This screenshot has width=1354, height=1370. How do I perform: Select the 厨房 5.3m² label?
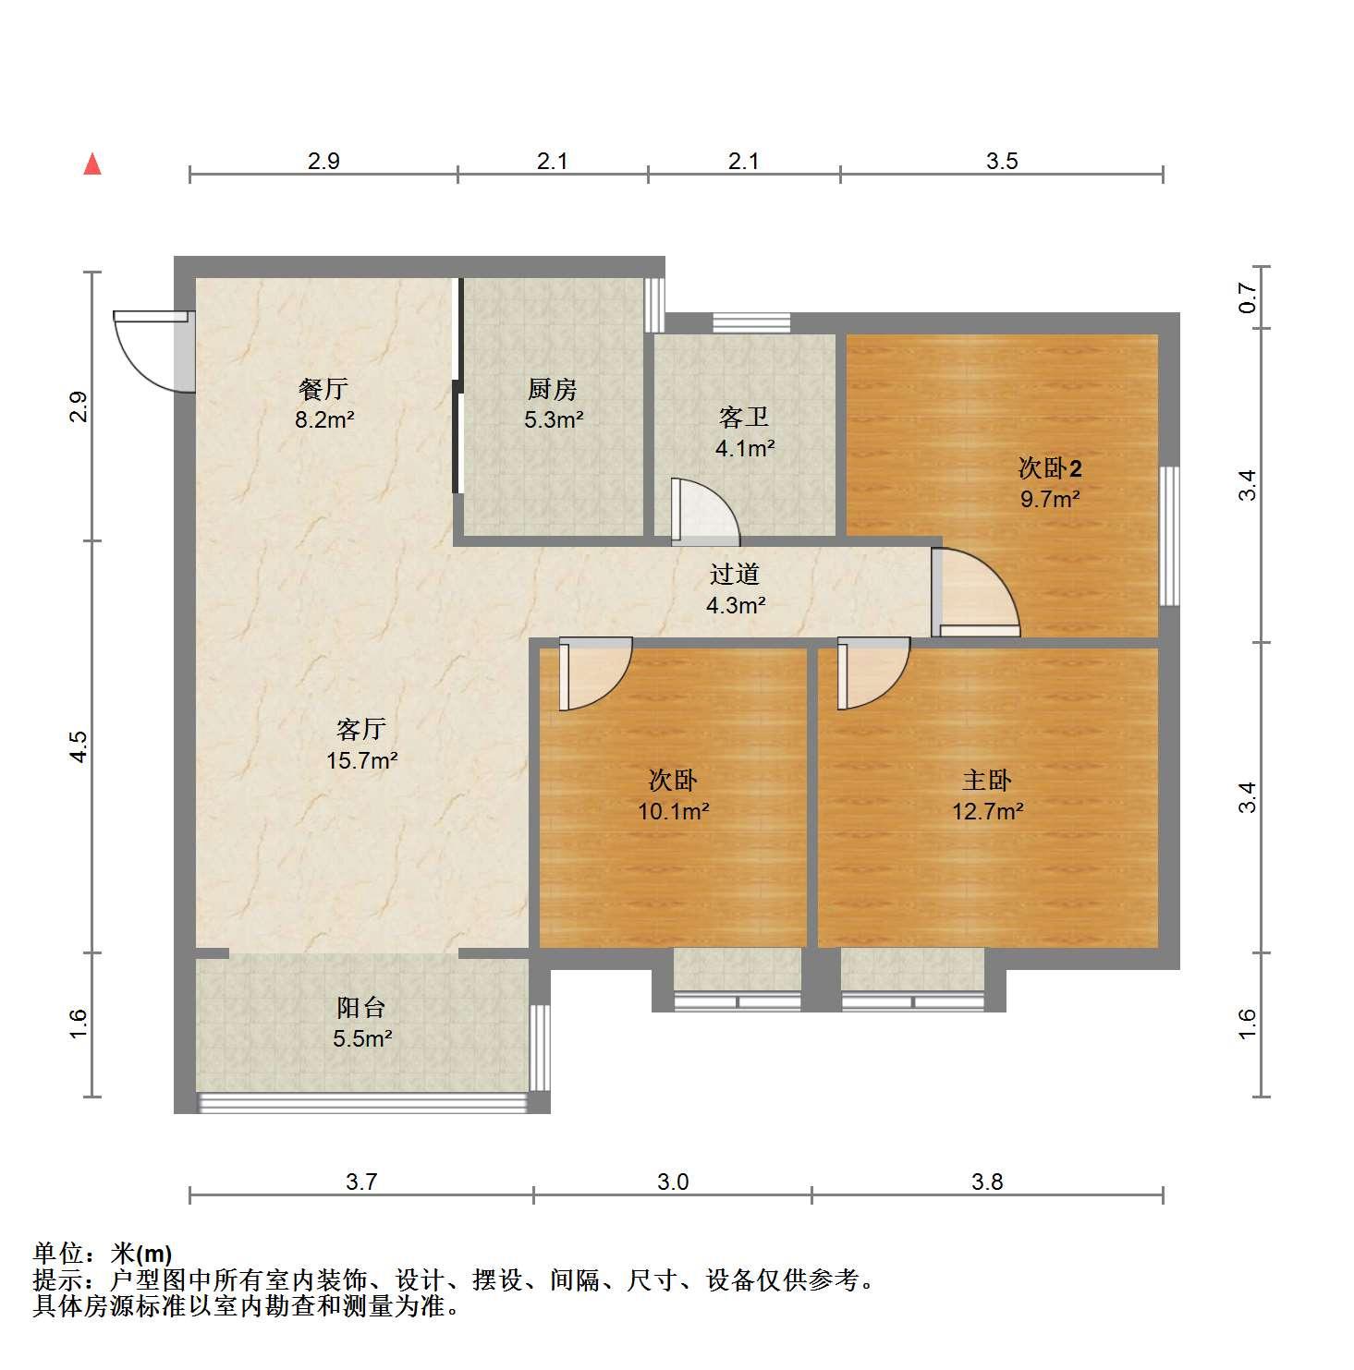(553, 405)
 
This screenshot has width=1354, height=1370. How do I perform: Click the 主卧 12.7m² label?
(987, 796)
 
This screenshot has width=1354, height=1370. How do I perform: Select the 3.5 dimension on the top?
(1002, 162)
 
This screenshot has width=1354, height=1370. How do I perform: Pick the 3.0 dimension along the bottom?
(673, 1182)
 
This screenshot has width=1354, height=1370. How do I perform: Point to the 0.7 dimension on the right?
(1248, 297)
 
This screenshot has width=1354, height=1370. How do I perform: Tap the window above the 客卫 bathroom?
(751, 323)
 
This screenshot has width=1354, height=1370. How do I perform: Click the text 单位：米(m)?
(103, 1254)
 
